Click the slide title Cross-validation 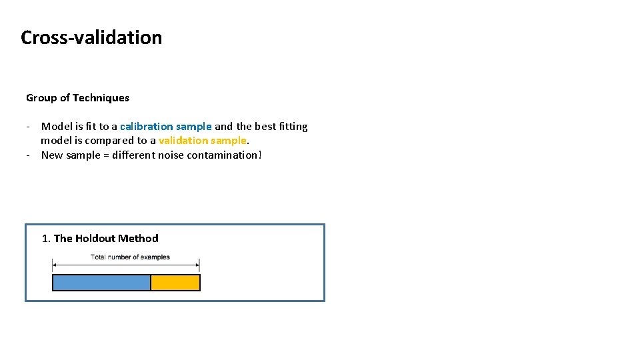pyautogui.click(x=91, y=37)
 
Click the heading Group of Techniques pyautogui.click(x=77, y=97)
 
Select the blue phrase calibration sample pyautogui.click(x=165, y=126)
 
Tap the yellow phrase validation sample pyautogui.click(x=202, y=140)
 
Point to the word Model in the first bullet pyautogui.click(x=56, y=126)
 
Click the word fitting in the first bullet pyautogui.click(x=291, y=126)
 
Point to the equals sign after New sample pyautogui.click(x=102, y=155)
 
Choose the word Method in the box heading pyautogui.click(x=139, y=238)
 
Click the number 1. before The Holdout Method pyautogui.click(x=46, y=238)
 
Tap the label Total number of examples pyautogui.click(x=130, y=257)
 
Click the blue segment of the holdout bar pyautogui.click(x=101, y=283)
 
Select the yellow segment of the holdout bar pyautogui.click(x=175, y=283)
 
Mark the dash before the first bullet pyautogui.click(x=29, y=126)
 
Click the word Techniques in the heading pyautogui.click(x=101, y=97)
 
